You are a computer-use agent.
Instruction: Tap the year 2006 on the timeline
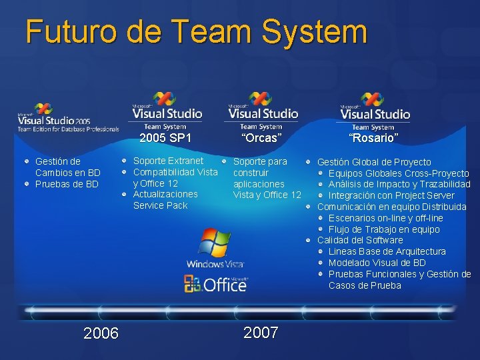pyautogui.click(x=101, y=333)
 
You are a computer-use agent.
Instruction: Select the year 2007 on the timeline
pyautogui.click(x=261, y=333)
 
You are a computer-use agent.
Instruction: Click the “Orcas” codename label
pyautogui.click(x=261, y=138)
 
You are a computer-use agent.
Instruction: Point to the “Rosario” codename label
pyautogui.click(x=373, y=138)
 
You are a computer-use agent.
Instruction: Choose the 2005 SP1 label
pyautogui.click(x=165, y=138)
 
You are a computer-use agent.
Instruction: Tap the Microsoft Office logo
pyautogui.click(x=215, y=285)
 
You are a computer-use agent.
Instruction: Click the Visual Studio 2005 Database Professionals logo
pyautogui.click(x=67, y=119)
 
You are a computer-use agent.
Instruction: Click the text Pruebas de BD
pyautogui.click(x=67, y=184)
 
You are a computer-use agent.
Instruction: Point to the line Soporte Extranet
pyautogui.click(x=168, y=161)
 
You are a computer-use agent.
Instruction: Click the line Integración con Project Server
pyautogui.click(x=391, y=195)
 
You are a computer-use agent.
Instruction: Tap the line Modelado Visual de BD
pyautogui.click(x=377, y=263)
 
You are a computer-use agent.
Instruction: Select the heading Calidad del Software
pyautogui.click(x=360, y=240)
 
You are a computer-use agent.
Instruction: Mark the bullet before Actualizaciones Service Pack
pyautogui.click(x=125, y=195)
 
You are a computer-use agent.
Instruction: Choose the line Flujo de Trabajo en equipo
pyautogui.click(x=384, y=229)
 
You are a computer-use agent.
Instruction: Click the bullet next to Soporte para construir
pyautogui.click(x=224, y=161)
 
